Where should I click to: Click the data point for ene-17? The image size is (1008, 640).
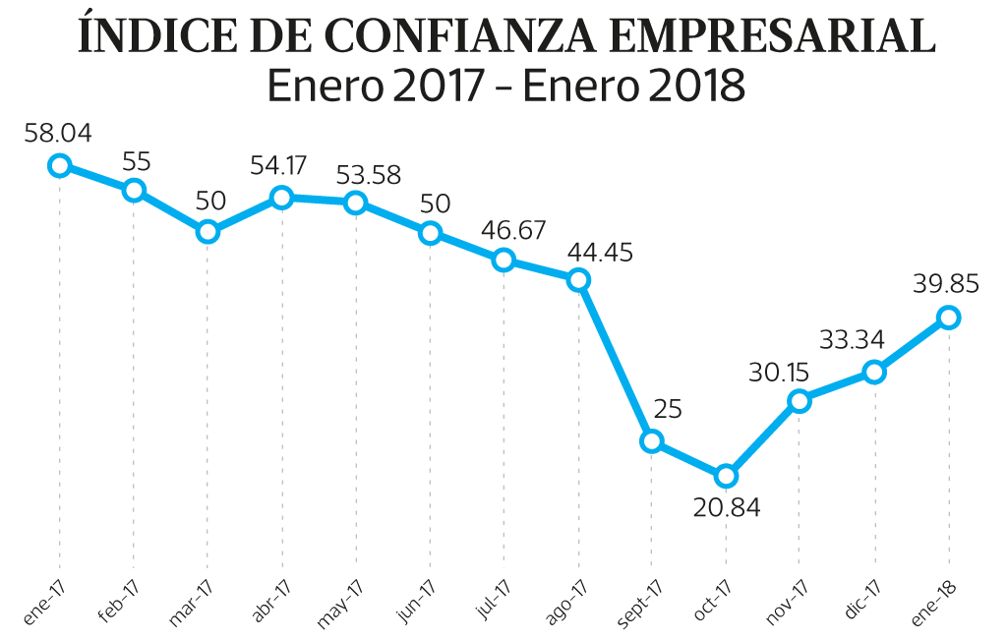[60, 165]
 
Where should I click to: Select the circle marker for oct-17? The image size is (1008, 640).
[726, 476]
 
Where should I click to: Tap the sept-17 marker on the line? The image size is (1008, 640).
[652, 441]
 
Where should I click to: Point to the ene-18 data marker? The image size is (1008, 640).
[948, 317]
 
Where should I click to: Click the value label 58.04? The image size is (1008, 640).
[58, 134]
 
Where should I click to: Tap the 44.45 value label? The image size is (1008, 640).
[600, 252]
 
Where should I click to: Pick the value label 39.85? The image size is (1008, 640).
[948, 284]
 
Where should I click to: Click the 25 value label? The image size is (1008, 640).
[668, 409]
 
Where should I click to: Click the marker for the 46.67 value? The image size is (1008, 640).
[504, 260]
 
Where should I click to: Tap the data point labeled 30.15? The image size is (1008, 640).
[800, 400]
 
